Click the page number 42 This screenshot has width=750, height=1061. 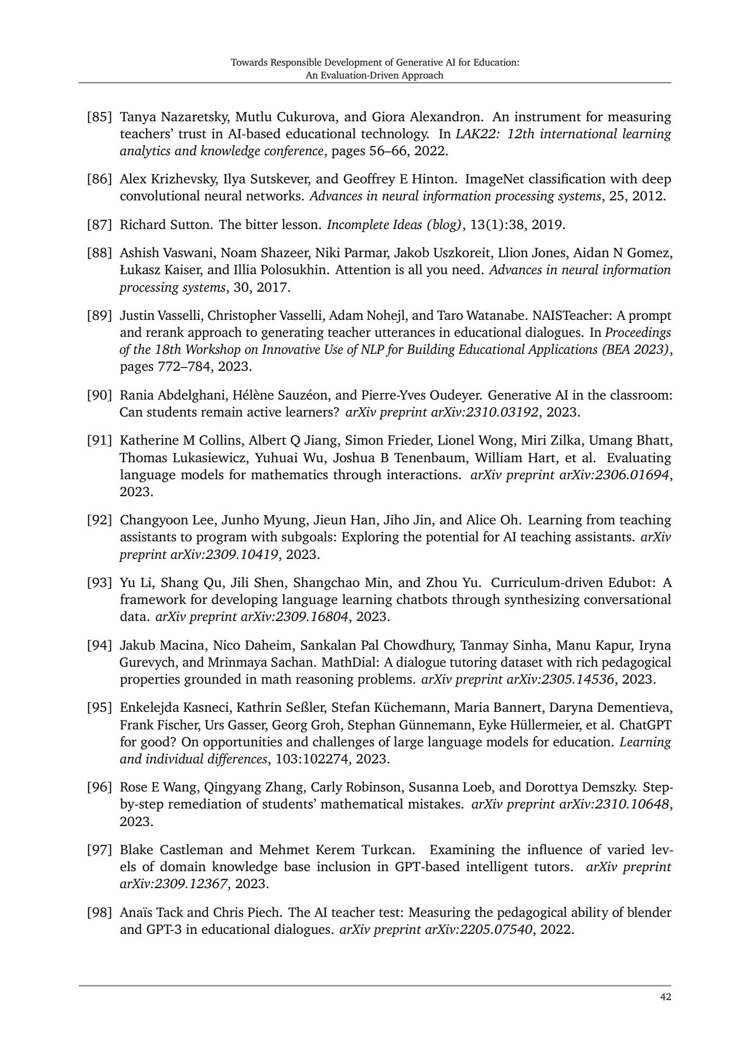click(665, 997)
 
